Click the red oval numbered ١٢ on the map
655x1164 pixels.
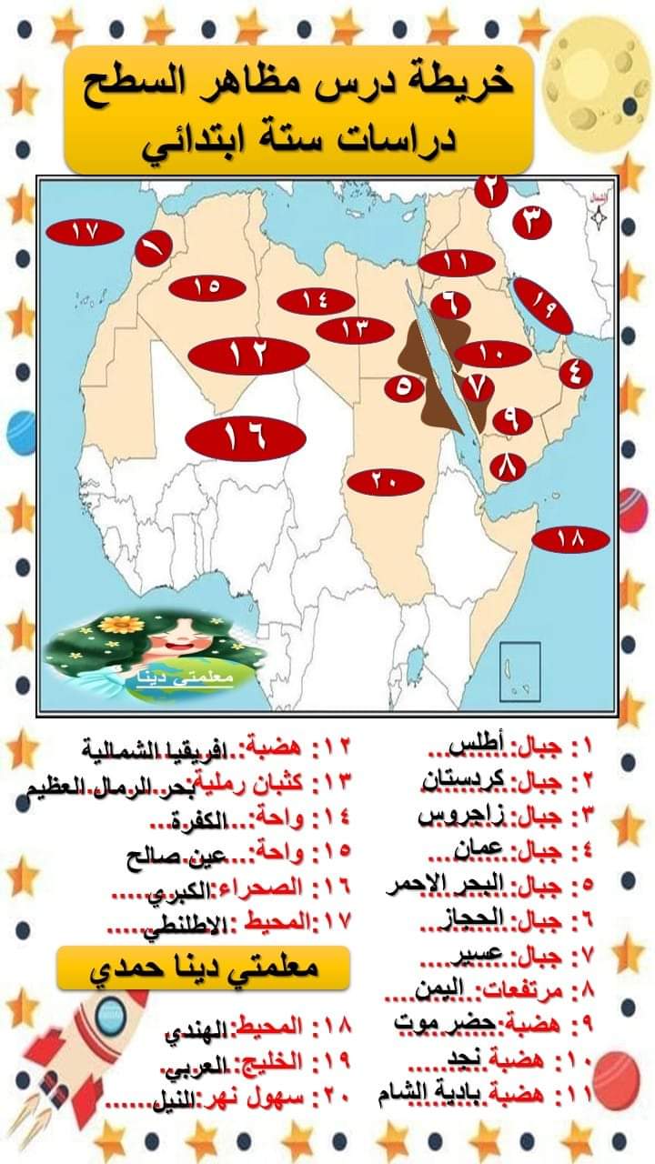(x=247, y=354)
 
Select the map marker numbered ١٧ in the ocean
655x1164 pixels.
(x=85, y=232)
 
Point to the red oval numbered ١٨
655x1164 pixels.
(x=570, y=539)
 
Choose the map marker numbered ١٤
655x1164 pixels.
(x=315, y=301)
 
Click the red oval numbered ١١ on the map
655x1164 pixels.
(x=457, y=263)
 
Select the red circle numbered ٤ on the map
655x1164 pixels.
(x=575, y=372)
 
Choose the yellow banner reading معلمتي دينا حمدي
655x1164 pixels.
(x=202, y=968)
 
